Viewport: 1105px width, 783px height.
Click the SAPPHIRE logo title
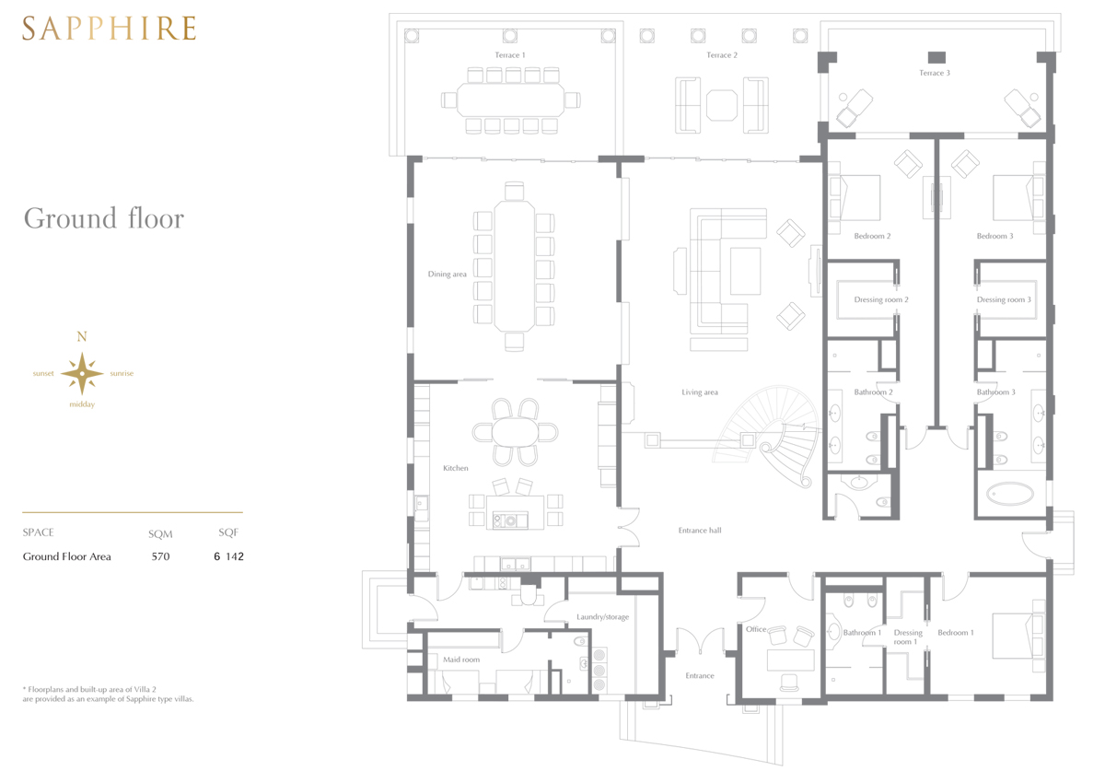tap(109, 29)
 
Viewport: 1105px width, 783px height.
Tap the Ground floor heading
tap(103, 218)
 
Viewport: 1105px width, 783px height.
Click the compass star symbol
tap(82, 373)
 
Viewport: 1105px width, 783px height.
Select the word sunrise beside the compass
tap(122, 373)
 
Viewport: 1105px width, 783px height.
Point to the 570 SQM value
tap(160, 556)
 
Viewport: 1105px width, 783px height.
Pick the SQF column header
tap(228, 532)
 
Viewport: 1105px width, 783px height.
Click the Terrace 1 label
tap(510, 55)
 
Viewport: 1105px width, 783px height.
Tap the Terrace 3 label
tap(935, 73)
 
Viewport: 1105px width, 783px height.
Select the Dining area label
tap(447, 275)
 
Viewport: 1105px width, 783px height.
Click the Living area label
tap(700, 392)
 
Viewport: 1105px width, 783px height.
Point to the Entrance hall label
tap(700, 531)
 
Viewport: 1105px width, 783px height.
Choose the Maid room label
tap(461, 660)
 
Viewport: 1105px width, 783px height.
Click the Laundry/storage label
tap(603, 617)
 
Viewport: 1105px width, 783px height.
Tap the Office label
tap(756, 629)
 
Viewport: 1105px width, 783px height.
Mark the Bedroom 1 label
tap(956, 633)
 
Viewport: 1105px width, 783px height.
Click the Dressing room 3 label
tap(1004, 300)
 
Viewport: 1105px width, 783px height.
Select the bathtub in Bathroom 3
tap(1010, 494)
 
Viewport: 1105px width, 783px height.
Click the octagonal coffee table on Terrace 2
tap(722, 105)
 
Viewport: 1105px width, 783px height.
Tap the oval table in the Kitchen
tap(515, 432)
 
